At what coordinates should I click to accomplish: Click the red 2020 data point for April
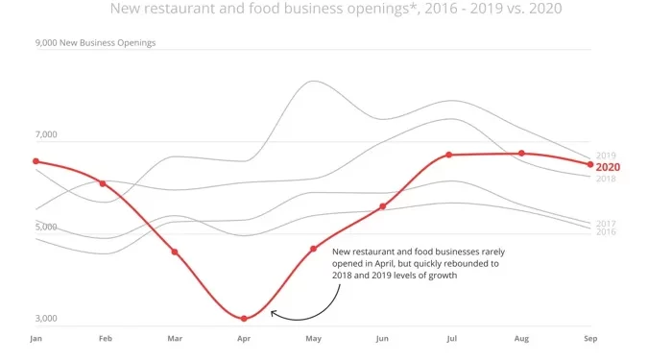(x=244, y=318)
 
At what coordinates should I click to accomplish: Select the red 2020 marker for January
(x=36, y=161)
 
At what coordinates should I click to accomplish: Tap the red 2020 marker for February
(x=103, y=183)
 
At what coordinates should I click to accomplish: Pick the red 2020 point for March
(x=175, y=252)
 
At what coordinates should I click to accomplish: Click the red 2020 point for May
(x=313, y=249)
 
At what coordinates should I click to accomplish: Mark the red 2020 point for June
(x=382, y=206)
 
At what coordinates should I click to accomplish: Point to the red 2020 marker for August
(x=521, y=154)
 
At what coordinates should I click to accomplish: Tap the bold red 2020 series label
(x=608, y=167)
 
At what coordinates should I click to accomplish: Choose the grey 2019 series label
(x=606, y=156)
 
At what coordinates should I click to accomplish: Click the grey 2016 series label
(x=606, y=232)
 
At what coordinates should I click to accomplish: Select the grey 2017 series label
(x=606, y=223)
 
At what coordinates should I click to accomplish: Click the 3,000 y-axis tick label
(x=46, y=319)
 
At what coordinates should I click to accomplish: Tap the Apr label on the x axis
(x=244, y=339)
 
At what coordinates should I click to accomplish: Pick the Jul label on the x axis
(x=451, y=339)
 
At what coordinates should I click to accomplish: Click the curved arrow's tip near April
(x=273, y=312)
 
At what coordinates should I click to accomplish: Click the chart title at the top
(x=336, y=10)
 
